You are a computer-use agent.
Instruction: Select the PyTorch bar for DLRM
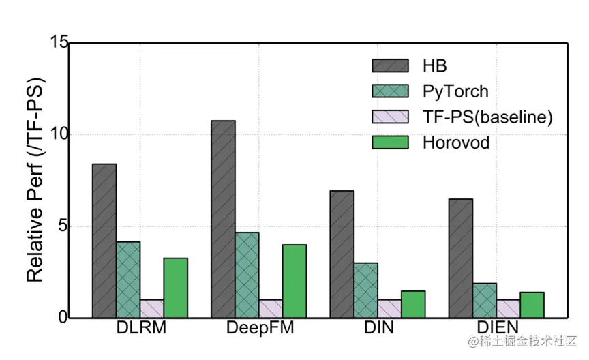[x=128, y=280]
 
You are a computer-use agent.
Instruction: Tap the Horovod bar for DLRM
[x=175, y=287]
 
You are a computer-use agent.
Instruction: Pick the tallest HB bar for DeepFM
[x=223, y=219]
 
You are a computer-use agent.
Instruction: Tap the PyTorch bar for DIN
[x=365, y=290]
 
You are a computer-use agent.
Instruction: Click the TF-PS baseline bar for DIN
[x=389, y=308]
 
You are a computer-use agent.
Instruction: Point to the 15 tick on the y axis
[x=59, y=42]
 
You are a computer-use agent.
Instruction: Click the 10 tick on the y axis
[x=59, y=134]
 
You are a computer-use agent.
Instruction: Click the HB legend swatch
[x=390, y=65]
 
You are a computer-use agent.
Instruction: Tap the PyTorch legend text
[x=455, y=91]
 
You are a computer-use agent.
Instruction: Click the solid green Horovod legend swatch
[x=390, y=142]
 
